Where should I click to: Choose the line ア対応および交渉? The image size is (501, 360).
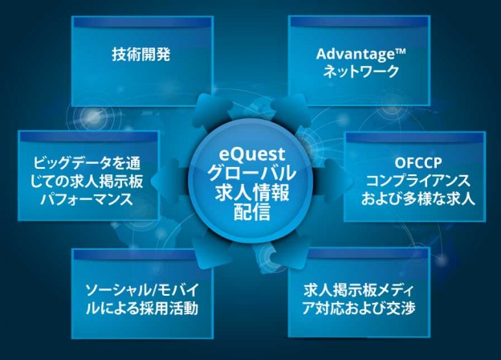pyautogui.click(x=359, y=307)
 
